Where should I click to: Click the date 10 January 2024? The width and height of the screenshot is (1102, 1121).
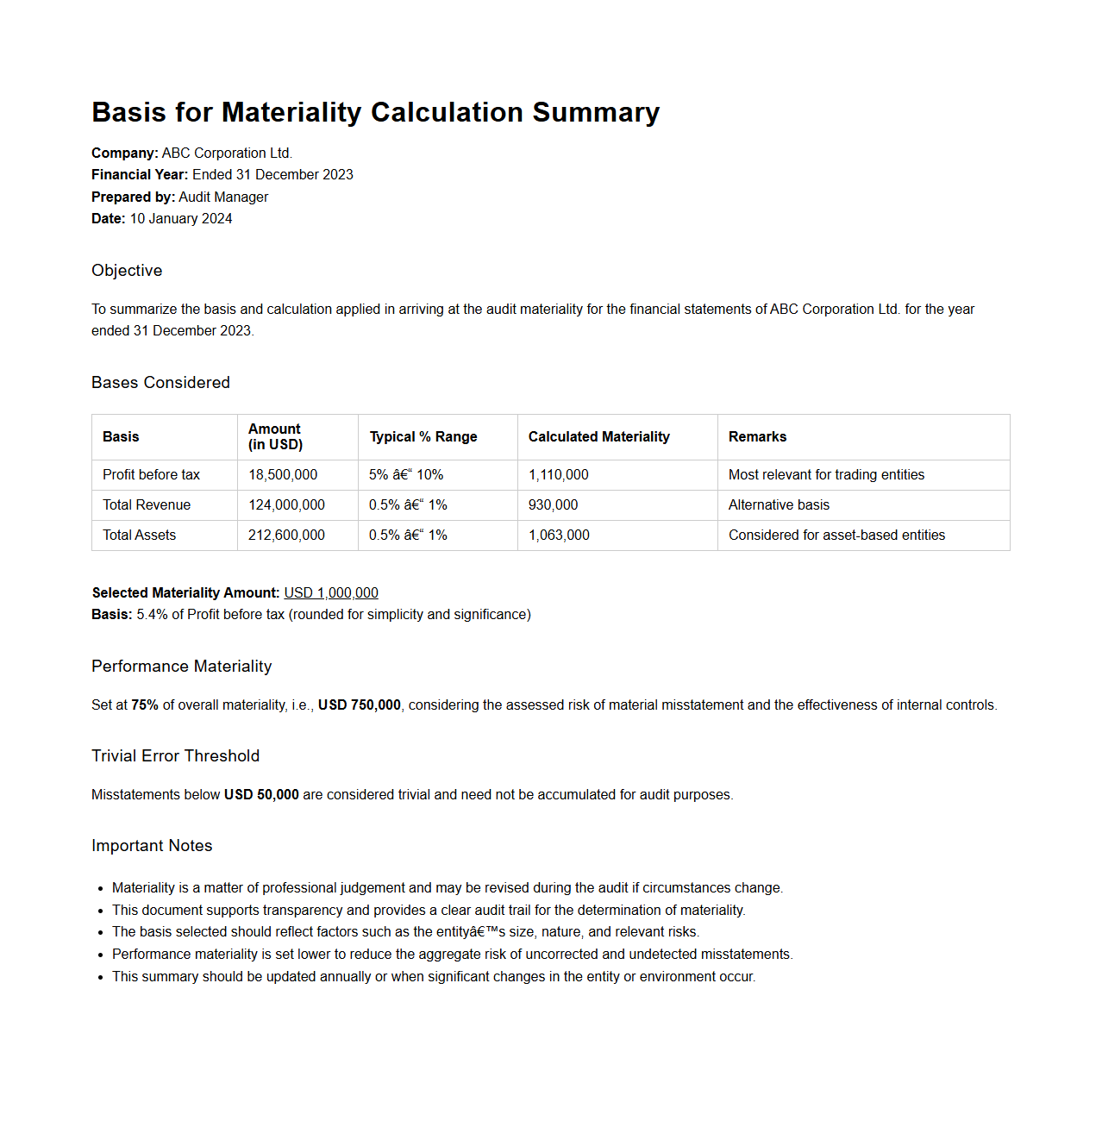(181, 219)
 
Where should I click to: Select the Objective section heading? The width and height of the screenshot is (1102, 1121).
(127, 271)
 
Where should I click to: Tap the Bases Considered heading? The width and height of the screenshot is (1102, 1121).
(160, 383)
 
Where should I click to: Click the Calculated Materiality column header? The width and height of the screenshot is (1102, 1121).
(598, 437)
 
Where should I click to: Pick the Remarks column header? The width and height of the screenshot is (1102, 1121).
(757, 437)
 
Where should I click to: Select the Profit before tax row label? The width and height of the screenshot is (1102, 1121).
(151, 475)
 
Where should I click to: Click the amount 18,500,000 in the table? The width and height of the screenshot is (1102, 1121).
(283, 475)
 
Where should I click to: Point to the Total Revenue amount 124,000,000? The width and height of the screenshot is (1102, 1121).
(286, 505)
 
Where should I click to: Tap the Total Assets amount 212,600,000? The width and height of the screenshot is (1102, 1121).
(286, 535)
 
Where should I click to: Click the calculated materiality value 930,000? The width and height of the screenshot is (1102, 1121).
(553, 505)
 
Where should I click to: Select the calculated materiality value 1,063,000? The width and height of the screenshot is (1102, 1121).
(559, 535)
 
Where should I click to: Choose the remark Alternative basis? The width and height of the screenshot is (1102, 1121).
(779, 505)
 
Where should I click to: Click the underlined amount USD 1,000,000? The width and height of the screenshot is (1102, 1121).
(331, 593)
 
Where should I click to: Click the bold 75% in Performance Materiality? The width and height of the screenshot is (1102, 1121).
(145, 705)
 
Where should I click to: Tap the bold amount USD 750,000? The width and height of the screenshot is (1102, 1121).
(360, 705)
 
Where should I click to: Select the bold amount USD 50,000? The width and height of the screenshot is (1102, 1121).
(261, 795)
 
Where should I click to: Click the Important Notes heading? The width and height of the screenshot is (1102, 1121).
(152, 846)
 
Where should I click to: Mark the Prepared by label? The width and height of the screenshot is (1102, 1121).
(133, 197)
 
